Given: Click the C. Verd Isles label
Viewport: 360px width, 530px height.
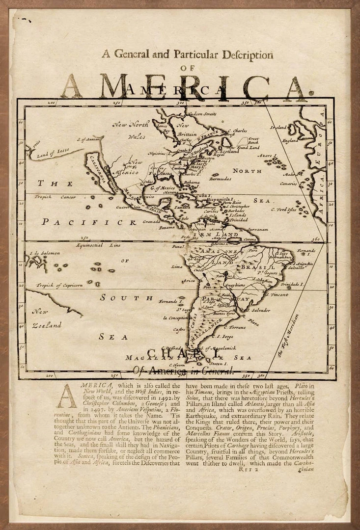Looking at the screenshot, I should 284,210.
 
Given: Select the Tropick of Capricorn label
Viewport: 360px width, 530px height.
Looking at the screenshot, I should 59,285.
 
